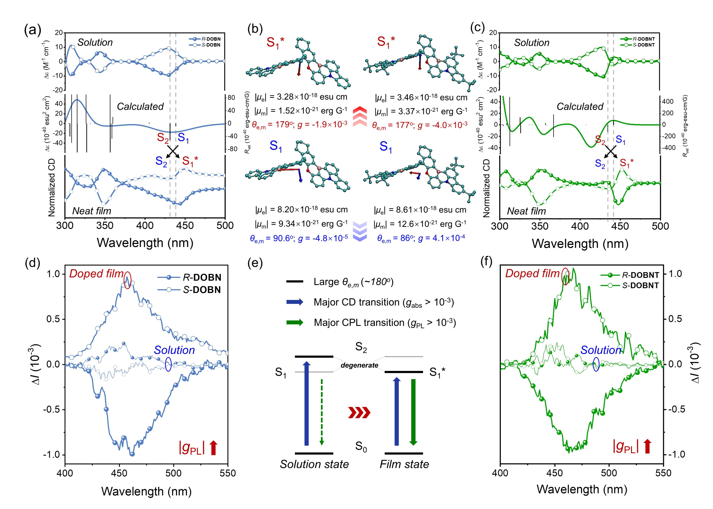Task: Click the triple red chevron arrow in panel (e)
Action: click(x=360, y=413)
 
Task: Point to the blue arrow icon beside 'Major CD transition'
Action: click(x=295, y=302)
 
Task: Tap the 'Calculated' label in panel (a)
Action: click(x=140, y=107)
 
